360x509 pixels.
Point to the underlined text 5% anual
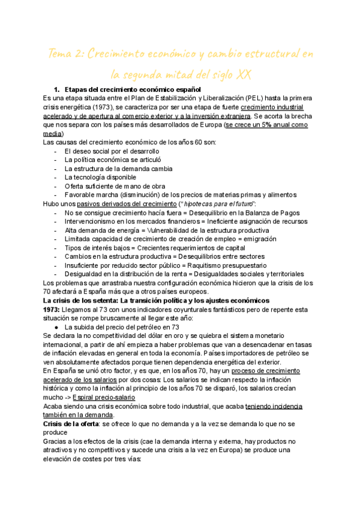click(264, 125)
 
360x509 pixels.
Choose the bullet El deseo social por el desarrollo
click(112, 151)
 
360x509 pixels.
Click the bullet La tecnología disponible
click(100, 177)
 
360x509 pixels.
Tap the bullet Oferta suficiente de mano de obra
click(116, 186)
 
